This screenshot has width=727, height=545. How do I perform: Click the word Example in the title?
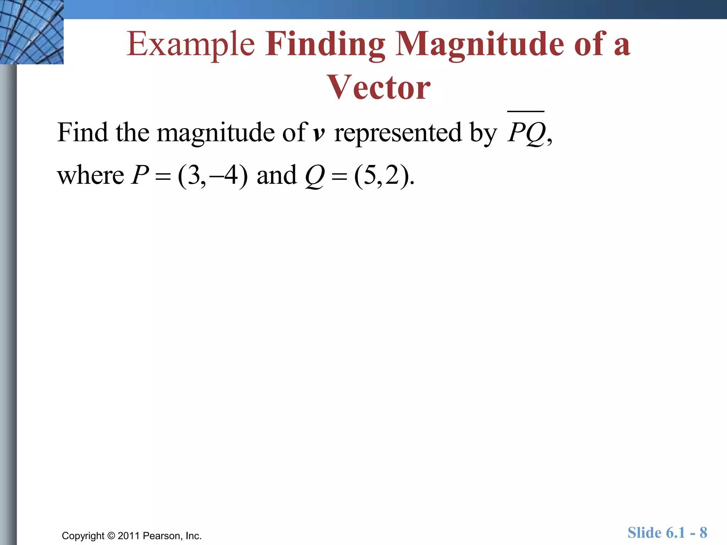tap(191, 44)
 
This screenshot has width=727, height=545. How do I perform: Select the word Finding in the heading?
tap(325, 44)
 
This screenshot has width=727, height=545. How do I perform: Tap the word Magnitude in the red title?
tap(479, 44)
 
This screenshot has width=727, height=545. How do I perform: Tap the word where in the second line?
tap(91, 176)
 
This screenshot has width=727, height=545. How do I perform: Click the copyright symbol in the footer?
tap(111, 536)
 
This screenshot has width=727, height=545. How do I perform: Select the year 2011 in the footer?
tap(129, 536)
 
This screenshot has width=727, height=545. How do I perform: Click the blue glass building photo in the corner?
tap(32, 32)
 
